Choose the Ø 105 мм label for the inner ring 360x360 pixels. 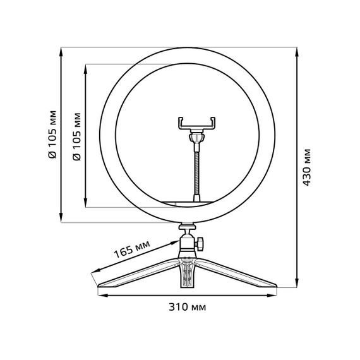tap(77, 135)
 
